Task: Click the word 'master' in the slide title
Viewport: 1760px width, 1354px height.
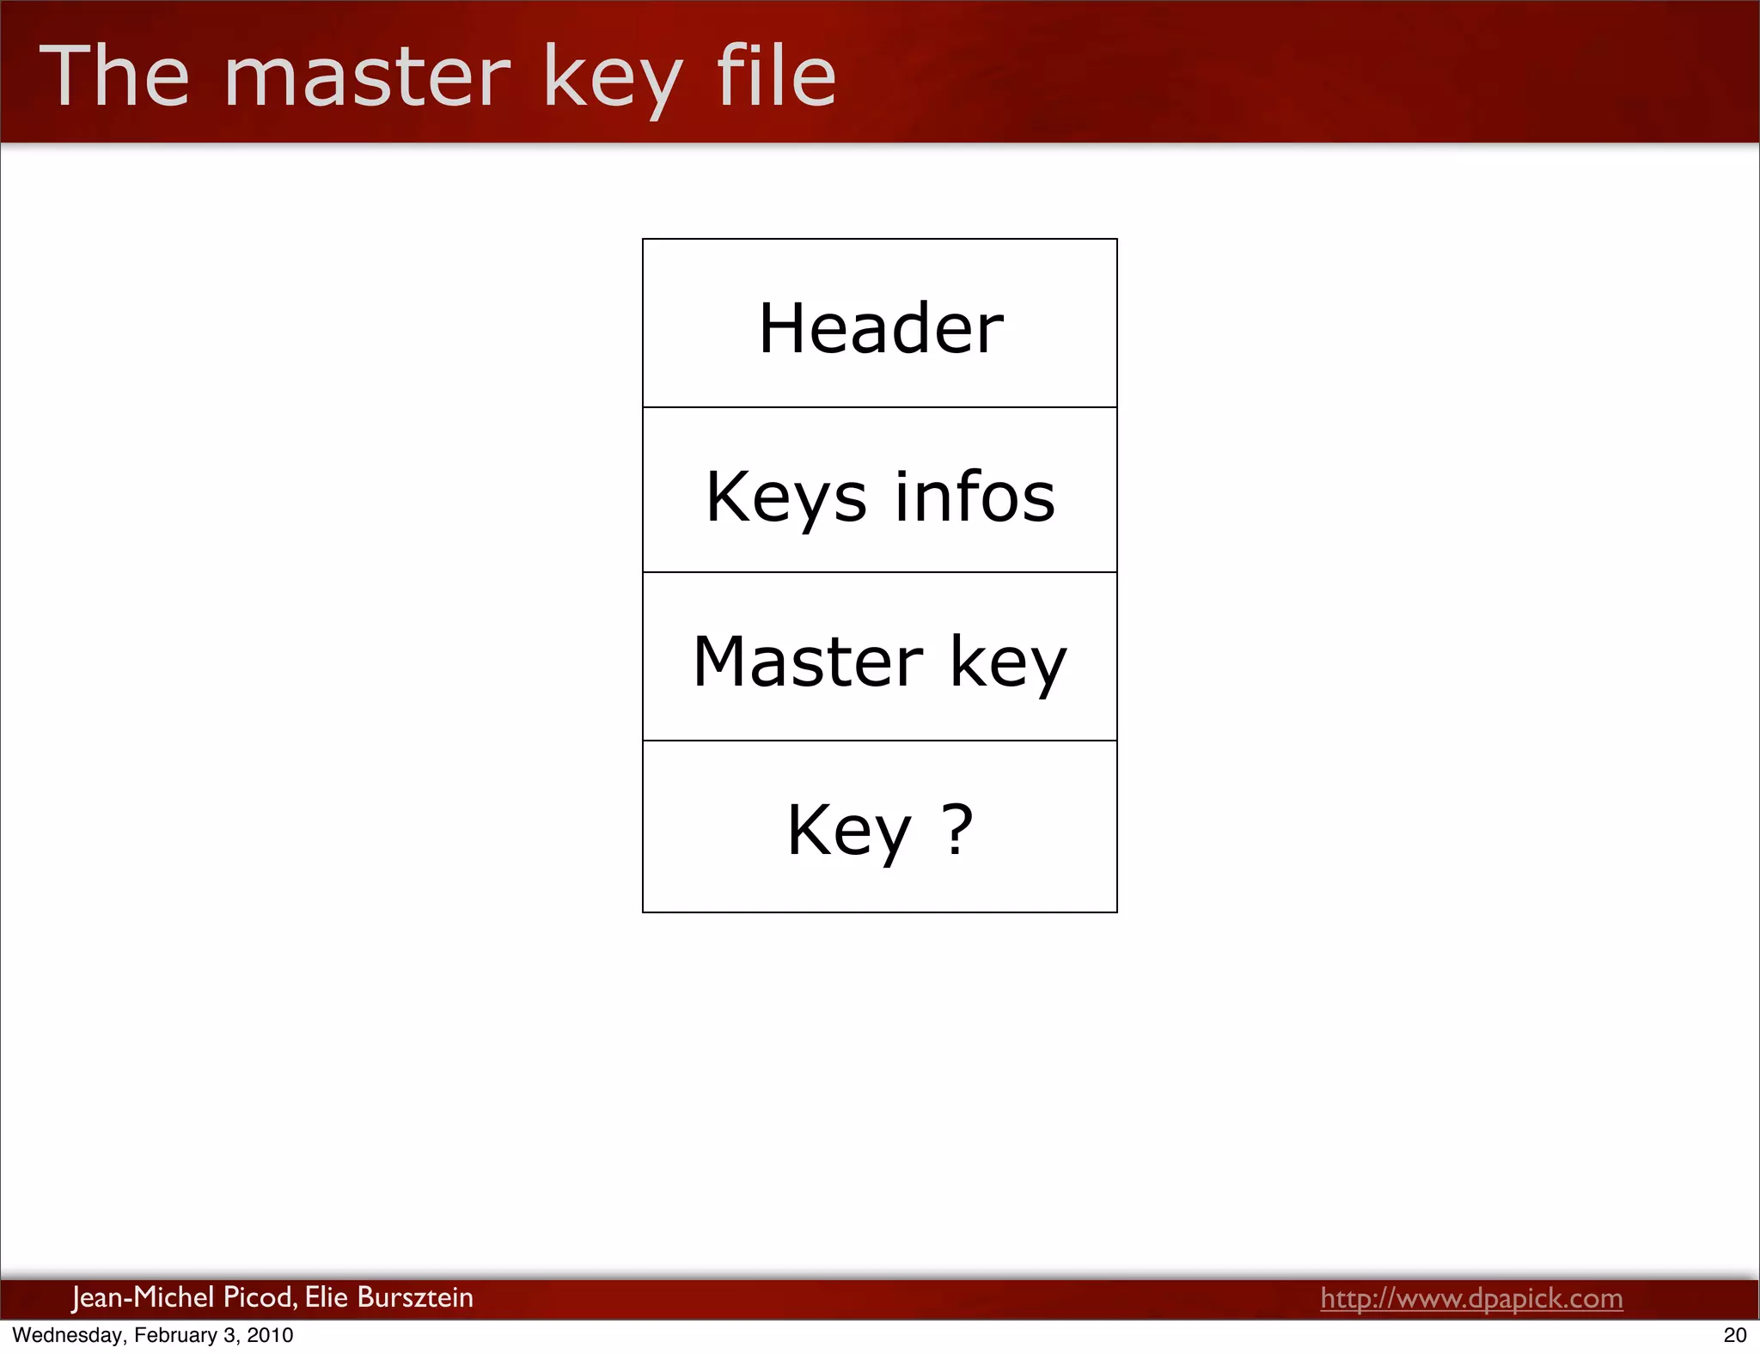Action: (x=367, y=78)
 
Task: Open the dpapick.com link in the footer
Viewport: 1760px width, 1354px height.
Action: (x=1471, y=1298)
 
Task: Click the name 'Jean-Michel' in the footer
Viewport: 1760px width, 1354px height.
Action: (x=143, y=1297)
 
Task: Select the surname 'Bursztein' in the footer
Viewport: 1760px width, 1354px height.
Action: (x=415, y=1297)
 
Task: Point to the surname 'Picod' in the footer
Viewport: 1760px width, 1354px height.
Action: (x=260, y=1297)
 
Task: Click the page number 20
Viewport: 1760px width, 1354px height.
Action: (x=1735, y=1335)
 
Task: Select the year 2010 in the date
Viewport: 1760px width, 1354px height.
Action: (x=270, y=1335)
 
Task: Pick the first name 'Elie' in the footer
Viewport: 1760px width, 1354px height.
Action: (x=326, y=1297)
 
